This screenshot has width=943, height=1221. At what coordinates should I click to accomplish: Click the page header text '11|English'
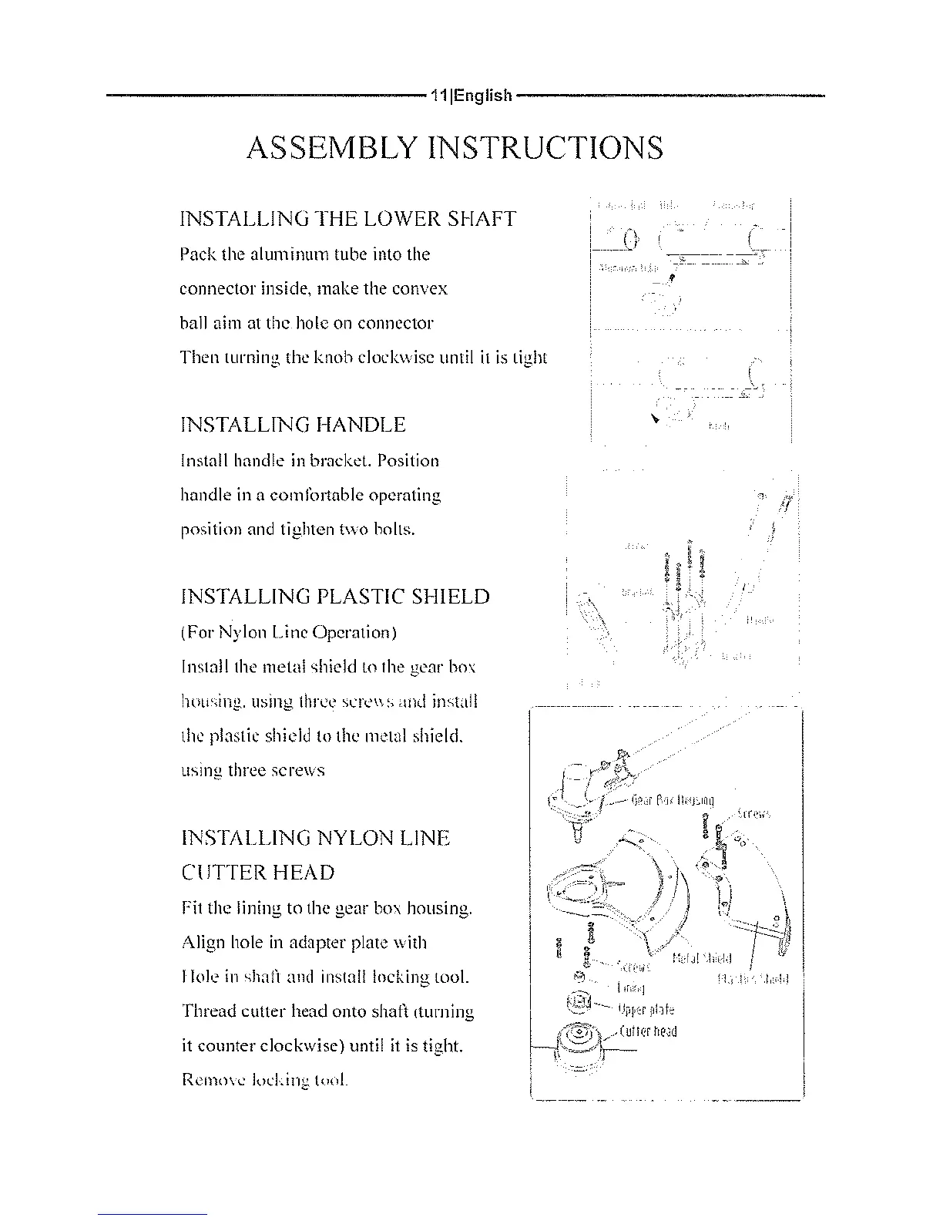coord(471,96)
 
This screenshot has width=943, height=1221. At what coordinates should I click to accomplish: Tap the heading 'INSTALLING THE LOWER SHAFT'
coord(347,219)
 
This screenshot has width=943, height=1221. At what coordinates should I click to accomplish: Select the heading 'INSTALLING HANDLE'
coord(292,425)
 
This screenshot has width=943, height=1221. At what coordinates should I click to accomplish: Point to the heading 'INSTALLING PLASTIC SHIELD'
coord(334,597)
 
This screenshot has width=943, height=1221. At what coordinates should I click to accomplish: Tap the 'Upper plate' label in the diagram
coord(646,1010)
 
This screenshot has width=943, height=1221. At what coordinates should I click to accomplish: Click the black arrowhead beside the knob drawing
coord(654,419)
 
